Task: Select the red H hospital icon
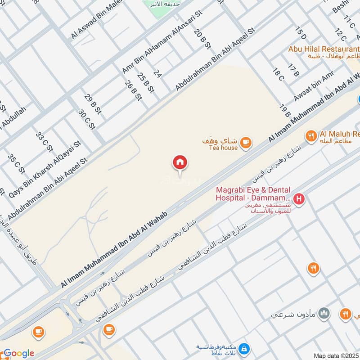tap(298, 198)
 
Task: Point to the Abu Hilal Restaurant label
tap(324, 49)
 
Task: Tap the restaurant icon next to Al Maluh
tap(310, 135)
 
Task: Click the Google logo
tap(18, 353)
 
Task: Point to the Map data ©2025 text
tap(336, 355)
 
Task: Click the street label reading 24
tap(157, 73)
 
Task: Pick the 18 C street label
tap(278, 74)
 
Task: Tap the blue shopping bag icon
tap(243, 349)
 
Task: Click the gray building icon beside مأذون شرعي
tap(324, 314)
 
